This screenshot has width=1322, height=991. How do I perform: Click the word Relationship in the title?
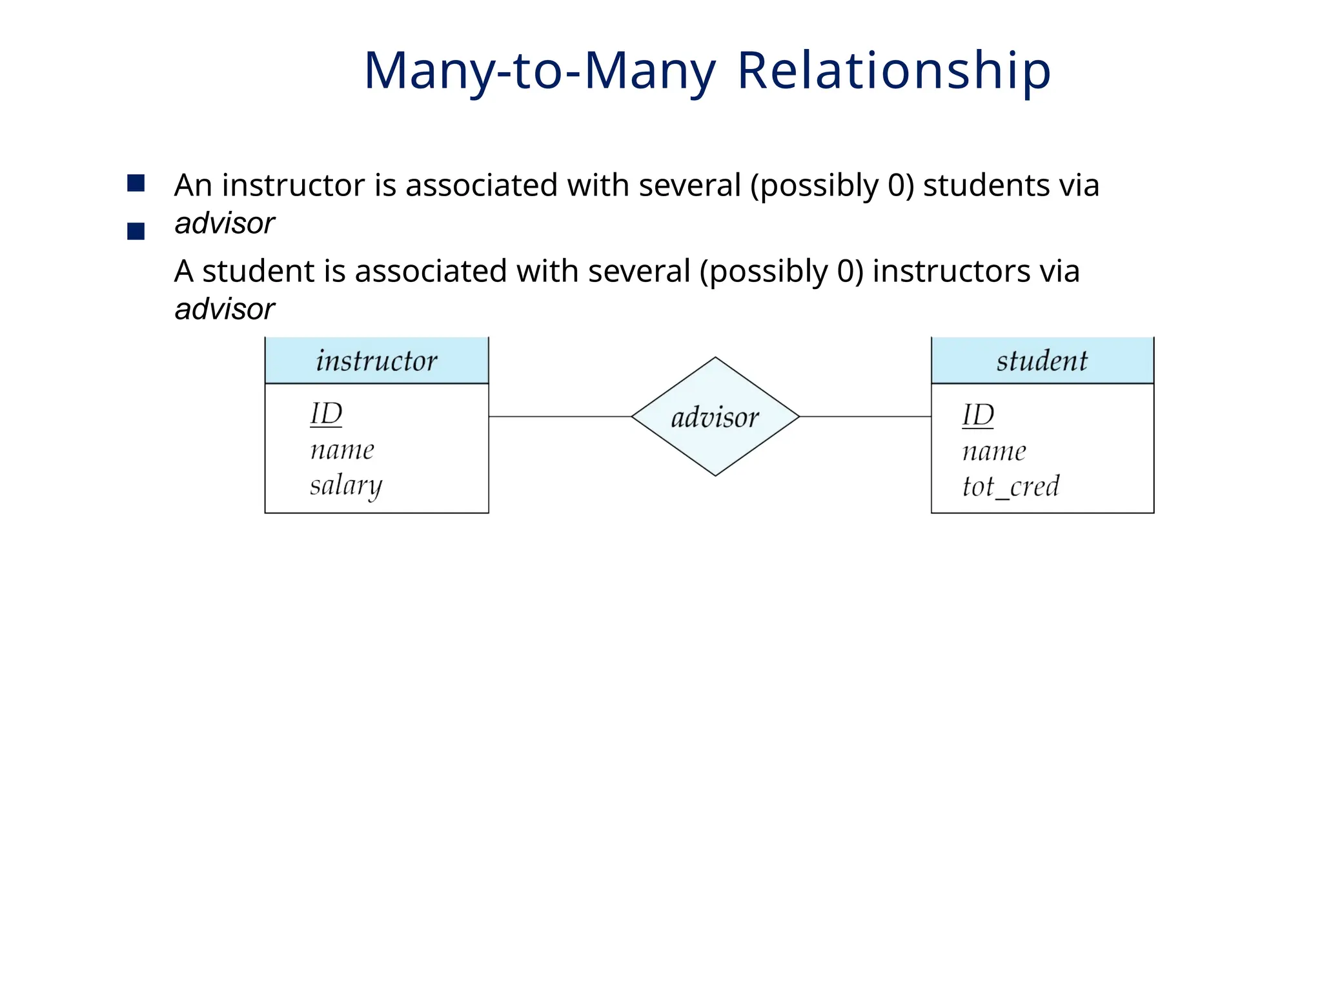[893, 70]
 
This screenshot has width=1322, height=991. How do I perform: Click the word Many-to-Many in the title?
[540, 70]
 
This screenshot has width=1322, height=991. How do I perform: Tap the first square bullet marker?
[136, 183]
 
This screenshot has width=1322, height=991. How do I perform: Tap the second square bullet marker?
[136, 231]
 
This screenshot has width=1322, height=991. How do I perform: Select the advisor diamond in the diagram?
[715, 417]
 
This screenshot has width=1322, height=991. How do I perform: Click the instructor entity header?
[376, 361]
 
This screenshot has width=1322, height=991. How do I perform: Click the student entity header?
[1042, 361]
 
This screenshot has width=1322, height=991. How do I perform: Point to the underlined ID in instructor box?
[326, 414]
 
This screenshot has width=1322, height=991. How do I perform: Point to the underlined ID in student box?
[978, 415]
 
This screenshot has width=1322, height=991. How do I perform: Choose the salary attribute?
[346, 485]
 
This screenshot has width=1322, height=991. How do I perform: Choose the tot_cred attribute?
[1011, 486]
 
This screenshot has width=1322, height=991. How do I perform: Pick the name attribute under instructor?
[342, 450]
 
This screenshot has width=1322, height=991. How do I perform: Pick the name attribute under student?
[994, 451]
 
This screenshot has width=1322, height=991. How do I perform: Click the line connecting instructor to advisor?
[560, 417]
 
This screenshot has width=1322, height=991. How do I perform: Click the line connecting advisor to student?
[865, 417]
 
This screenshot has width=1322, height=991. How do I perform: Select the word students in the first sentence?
[986, 185]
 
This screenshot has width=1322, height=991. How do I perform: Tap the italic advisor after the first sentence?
[225, 224]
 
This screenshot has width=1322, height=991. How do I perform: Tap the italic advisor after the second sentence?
[225, 310]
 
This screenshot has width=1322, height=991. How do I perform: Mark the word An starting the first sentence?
[193, 185]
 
